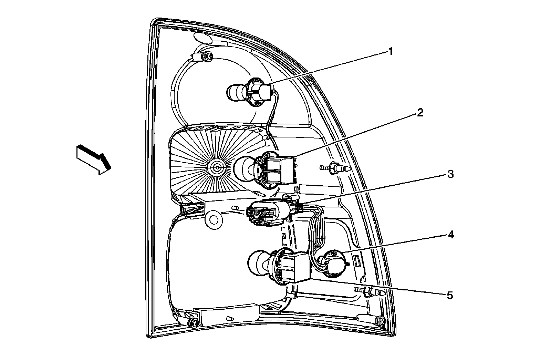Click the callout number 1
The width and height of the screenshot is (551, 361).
click(390, 52)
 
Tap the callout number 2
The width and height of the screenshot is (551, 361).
click(420, 113)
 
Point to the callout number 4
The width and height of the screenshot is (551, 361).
click(450, 235)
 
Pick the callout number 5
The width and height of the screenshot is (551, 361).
click(449, 295)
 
